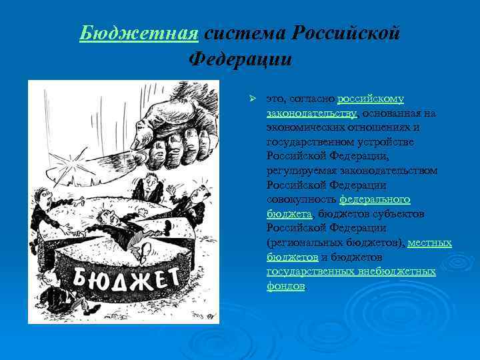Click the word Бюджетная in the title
139,32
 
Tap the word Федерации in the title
240,59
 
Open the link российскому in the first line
371,99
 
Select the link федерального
375,199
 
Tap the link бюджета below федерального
289,214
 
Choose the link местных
429,243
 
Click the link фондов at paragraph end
285,286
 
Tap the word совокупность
301,199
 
